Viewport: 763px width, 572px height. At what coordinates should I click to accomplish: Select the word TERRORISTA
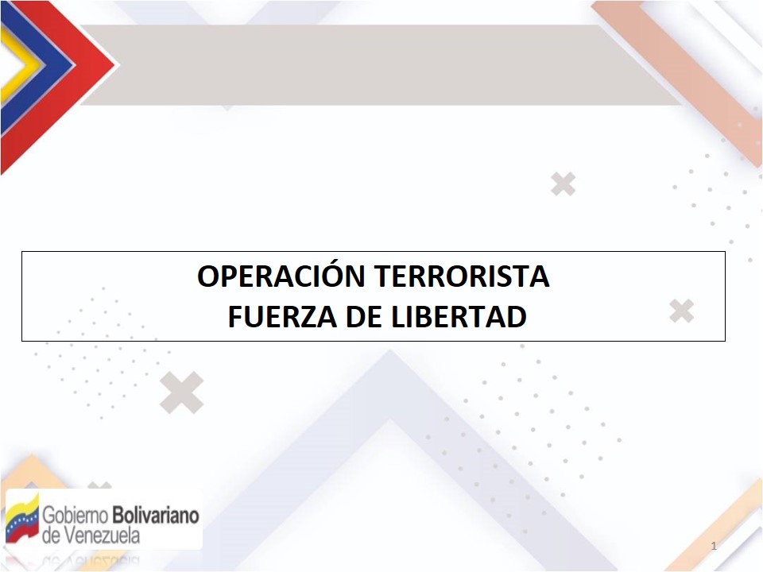(x=462, y=276)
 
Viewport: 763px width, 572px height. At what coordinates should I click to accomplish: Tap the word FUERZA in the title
(x=283, y=317)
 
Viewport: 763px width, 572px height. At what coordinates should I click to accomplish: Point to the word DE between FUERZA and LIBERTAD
(x=365, y=317)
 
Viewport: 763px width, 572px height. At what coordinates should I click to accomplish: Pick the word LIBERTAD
(x=459, y=317)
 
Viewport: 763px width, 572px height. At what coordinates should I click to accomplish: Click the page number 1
(x=714, y=546)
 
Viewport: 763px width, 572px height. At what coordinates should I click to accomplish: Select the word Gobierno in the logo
(x=75, y=515)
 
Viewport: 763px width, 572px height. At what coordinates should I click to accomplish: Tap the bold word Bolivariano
(x=156, y=515)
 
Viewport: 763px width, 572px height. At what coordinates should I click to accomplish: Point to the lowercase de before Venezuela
(x=52, y=535)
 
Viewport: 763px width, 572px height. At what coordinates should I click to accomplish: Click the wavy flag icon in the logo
(x=22, y=519)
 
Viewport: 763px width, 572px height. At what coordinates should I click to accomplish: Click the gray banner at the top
(x=380, y=64)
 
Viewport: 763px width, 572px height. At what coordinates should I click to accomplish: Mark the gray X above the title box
(x=564, y=184)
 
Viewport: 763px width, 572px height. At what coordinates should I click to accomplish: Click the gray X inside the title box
(x=681, y=311)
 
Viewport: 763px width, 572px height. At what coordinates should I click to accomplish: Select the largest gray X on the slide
(x=181, y=392)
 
